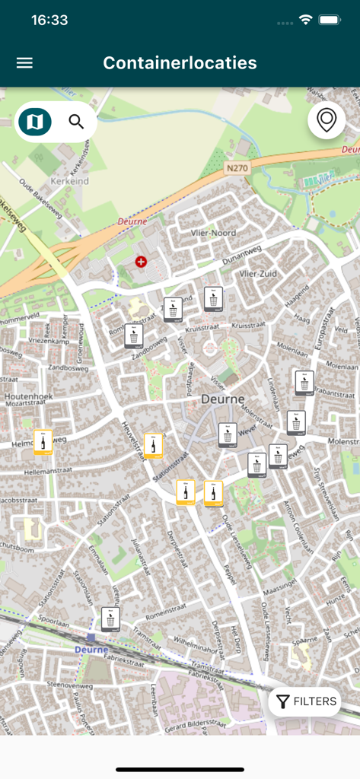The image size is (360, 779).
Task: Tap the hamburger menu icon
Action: tap(24, 63)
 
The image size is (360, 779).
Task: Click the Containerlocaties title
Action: tap(180, 63)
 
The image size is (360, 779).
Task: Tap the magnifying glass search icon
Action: tap(76, 121)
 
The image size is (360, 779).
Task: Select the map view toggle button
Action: tap(35, 122)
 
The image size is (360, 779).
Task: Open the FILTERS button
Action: tap(305, 701)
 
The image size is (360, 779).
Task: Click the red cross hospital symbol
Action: tap(140, 262)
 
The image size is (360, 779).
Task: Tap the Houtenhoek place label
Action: tap(28, 397)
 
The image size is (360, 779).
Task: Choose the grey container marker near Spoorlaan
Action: tap(110, 619)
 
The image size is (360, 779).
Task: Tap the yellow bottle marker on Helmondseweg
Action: tap(43, 442)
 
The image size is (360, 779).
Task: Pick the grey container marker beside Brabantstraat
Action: tap(304, 383)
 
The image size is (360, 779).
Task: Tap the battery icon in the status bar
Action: tap(329, 21)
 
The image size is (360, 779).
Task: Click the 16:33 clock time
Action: tap(49, 21)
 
